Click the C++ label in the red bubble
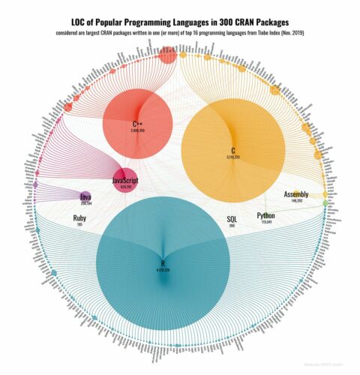pos(137,124)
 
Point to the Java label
pos(86,196)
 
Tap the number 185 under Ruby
pos(79,226)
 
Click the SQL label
pos(232,219)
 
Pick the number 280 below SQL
pos(232,226)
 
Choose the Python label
pos(265,215)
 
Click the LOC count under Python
pos(265,222)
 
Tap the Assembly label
pos(296,195)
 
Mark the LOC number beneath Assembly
pos(296,202)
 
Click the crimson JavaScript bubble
pos(124,178)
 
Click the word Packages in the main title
pos(271,24)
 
